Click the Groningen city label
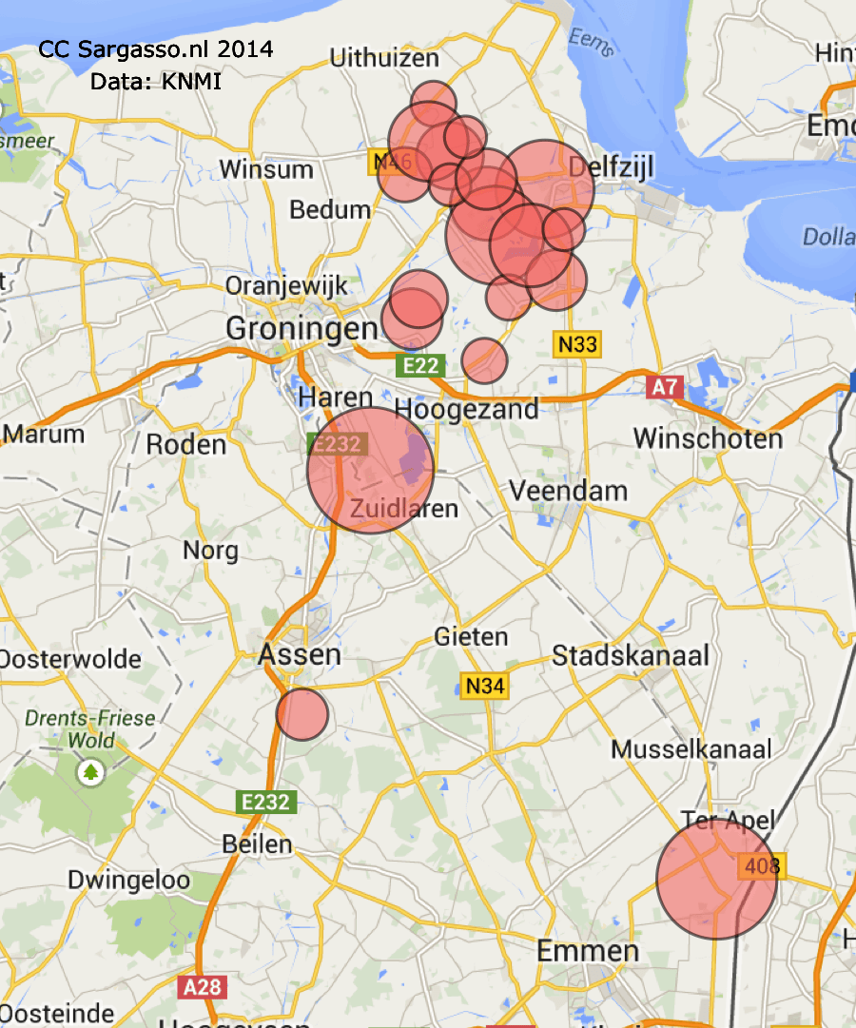tap(302, 329)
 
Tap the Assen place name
tap(300, 654)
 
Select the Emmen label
tap(587, 950)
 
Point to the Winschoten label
tap(708, 438)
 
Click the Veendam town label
tap(568, 491)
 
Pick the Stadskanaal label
tap(631, 655)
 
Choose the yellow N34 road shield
tap(484, 685)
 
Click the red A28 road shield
tap(202, 987)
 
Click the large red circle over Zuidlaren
tap(370, 470)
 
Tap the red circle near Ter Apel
tap(716, 880)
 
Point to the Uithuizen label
tap(384, 59)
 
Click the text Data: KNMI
tap(156, 82)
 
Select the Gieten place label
tap(471, 636)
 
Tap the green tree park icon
tap(91, 770)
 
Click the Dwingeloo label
tap(128, 881)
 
